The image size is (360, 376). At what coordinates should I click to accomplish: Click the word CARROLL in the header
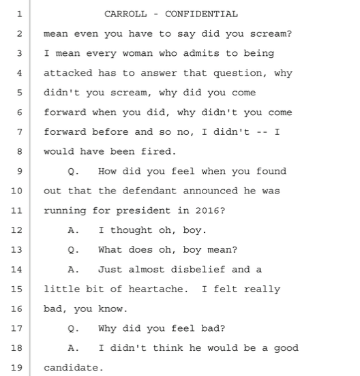[x=125, y=14]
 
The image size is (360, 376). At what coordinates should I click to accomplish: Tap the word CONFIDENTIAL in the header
[x=201, y=14]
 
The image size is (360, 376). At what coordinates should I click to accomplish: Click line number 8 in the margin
[x=20, y=151]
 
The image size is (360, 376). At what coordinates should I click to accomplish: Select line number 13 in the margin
[x=16, y=250]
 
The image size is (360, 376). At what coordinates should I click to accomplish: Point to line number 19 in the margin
[x=16, y=368]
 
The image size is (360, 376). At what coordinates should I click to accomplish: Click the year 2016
[x=207, y=210]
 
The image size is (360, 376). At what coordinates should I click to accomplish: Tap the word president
[x=143, y=211]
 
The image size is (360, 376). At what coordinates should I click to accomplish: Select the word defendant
[x=149, y=191]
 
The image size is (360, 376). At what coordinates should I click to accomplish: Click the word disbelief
[x=198, y=270]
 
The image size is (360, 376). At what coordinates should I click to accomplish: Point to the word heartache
[x=155, y=289]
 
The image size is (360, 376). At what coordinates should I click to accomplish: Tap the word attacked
[x=68, y=73]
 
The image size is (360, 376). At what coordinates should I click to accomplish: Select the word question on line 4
[x=237, y=74]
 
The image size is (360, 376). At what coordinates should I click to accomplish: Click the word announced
[x=211, y=191]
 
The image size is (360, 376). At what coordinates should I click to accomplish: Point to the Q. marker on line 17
[x=74, y=328]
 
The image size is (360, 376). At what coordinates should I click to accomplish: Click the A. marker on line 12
[x=74, y=230]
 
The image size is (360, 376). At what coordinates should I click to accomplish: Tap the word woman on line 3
[x=138, y=53]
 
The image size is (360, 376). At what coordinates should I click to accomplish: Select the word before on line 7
[x=110, y=132]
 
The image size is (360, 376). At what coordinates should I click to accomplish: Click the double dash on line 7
[x=262, y=132]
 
